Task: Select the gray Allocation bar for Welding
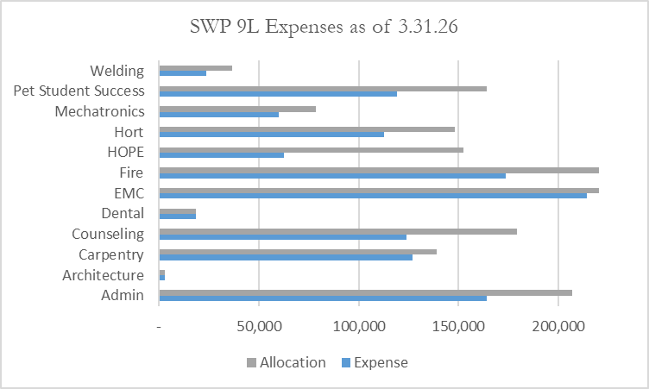pos(196,68)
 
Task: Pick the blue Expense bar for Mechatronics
pos(219,114)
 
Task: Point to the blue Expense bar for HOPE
pos(222,155)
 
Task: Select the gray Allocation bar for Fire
pos(379,170)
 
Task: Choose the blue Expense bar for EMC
pos(373,196)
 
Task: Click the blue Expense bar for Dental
pos(178,216)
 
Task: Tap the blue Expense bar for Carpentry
pos(286,257)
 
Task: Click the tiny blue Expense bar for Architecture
pos(162,277)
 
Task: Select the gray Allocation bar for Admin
pos(365,292)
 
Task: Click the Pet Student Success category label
pos(79,91)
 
